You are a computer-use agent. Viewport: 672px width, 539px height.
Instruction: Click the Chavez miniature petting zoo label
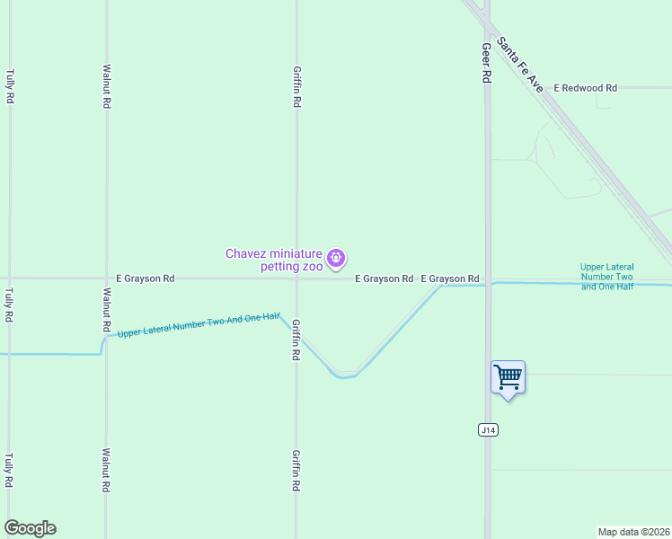pos(272,260)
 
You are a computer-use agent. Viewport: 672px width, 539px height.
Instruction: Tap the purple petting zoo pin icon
pos(336,260)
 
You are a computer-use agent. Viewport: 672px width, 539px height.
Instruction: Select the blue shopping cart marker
pos(508,377)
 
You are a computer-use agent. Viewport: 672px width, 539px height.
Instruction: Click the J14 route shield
pos(488,430)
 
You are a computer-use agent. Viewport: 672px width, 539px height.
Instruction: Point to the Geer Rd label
pos(486,64)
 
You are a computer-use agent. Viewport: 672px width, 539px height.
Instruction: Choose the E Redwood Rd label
pos(586,88)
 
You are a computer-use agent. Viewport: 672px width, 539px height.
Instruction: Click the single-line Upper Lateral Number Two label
pos(199,326)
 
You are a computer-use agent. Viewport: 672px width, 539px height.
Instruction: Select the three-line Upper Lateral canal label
pos(607,277)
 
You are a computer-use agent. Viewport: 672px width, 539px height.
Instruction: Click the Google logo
pos(30,528)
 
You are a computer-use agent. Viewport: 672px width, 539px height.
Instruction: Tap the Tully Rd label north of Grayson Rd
pos(10,84)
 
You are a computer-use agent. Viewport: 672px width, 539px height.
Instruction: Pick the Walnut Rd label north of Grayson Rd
pos(107,86)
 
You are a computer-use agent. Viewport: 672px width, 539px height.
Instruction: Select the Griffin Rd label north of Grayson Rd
pos(296,86)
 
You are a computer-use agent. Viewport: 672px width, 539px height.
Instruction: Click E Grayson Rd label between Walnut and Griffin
pos(145,278)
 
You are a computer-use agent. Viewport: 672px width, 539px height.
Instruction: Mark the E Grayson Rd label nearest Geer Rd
pos(450,278)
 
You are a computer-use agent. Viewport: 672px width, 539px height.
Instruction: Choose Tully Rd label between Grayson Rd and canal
pos(10,305)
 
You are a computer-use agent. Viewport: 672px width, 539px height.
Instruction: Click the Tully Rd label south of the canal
pos(10,470)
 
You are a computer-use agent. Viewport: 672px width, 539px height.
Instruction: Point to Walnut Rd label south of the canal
pos(107,470)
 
